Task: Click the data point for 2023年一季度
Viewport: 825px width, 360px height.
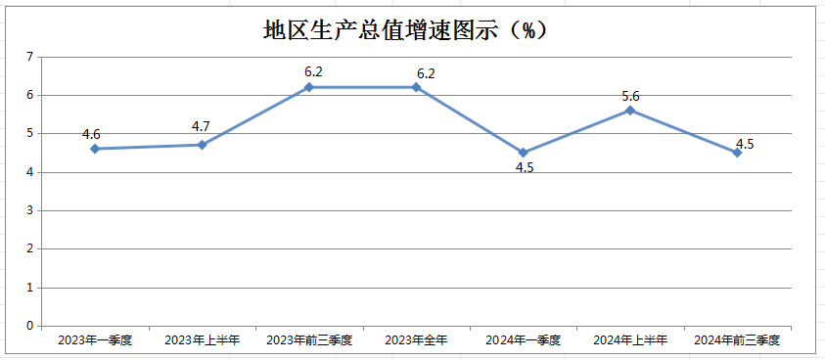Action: tap(95, 149)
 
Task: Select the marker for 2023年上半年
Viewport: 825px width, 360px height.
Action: tap(202, 145)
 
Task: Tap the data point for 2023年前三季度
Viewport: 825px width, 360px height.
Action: tap(309, 87)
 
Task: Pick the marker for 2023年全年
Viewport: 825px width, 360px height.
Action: tap(416, 87)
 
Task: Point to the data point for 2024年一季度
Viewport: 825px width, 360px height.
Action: tap(524, 153)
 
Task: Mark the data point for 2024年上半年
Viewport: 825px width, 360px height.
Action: tap(630, 111)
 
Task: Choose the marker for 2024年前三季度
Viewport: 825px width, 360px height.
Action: tap(737, 153)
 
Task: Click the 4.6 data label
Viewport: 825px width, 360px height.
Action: tap(92, 134)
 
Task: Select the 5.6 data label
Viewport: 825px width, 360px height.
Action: tap(630, 96)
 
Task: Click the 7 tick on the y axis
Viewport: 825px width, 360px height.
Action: tap(30, 58)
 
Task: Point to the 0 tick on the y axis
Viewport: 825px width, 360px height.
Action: tap(30, 326)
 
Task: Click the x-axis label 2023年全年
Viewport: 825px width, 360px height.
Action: tap(416, 340)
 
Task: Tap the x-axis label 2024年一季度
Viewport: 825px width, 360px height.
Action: tap(524, 340)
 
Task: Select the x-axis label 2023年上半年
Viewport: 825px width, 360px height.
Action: tap(202, 340)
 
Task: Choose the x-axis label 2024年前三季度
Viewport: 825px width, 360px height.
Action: tap(737, 340)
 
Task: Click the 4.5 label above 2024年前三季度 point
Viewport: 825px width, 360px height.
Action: tap(745, 144)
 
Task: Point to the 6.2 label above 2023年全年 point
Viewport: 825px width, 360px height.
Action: tap(426, 73)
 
